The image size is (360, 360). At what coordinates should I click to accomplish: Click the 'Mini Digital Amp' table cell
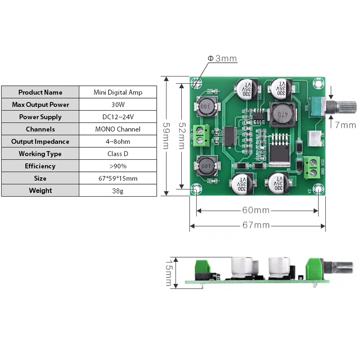coord(118,92)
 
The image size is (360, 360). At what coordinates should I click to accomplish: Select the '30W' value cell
coord(118,104)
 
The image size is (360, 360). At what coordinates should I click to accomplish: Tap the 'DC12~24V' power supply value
coord(118,117)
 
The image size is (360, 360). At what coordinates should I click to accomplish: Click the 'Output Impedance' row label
coord(40,141)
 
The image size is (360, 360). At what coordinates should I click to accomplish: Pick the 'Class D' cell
coord(118,153)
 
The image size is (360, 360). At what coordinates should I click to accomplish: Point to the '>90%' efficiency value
coord(118,166)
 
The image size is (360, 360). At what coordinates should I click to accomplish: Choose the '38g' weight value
coord(118,190)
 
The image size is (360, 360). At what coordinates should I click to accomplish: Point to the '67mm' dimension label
coord(256,225)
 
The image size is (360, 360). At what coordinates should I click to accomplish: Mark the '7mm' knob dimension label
coord(345,125)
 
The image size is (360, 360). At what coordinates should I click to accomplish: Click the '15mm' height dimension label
coord(169,273)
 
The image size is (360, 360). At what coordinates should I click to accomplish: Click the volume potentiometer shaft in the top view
coord(346,107)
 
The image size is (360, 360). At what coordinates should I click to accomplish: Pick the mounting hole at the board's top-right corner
coord(319,83)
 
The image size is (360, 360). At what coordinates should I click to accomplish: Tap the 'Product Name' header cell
coord(40,92)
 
